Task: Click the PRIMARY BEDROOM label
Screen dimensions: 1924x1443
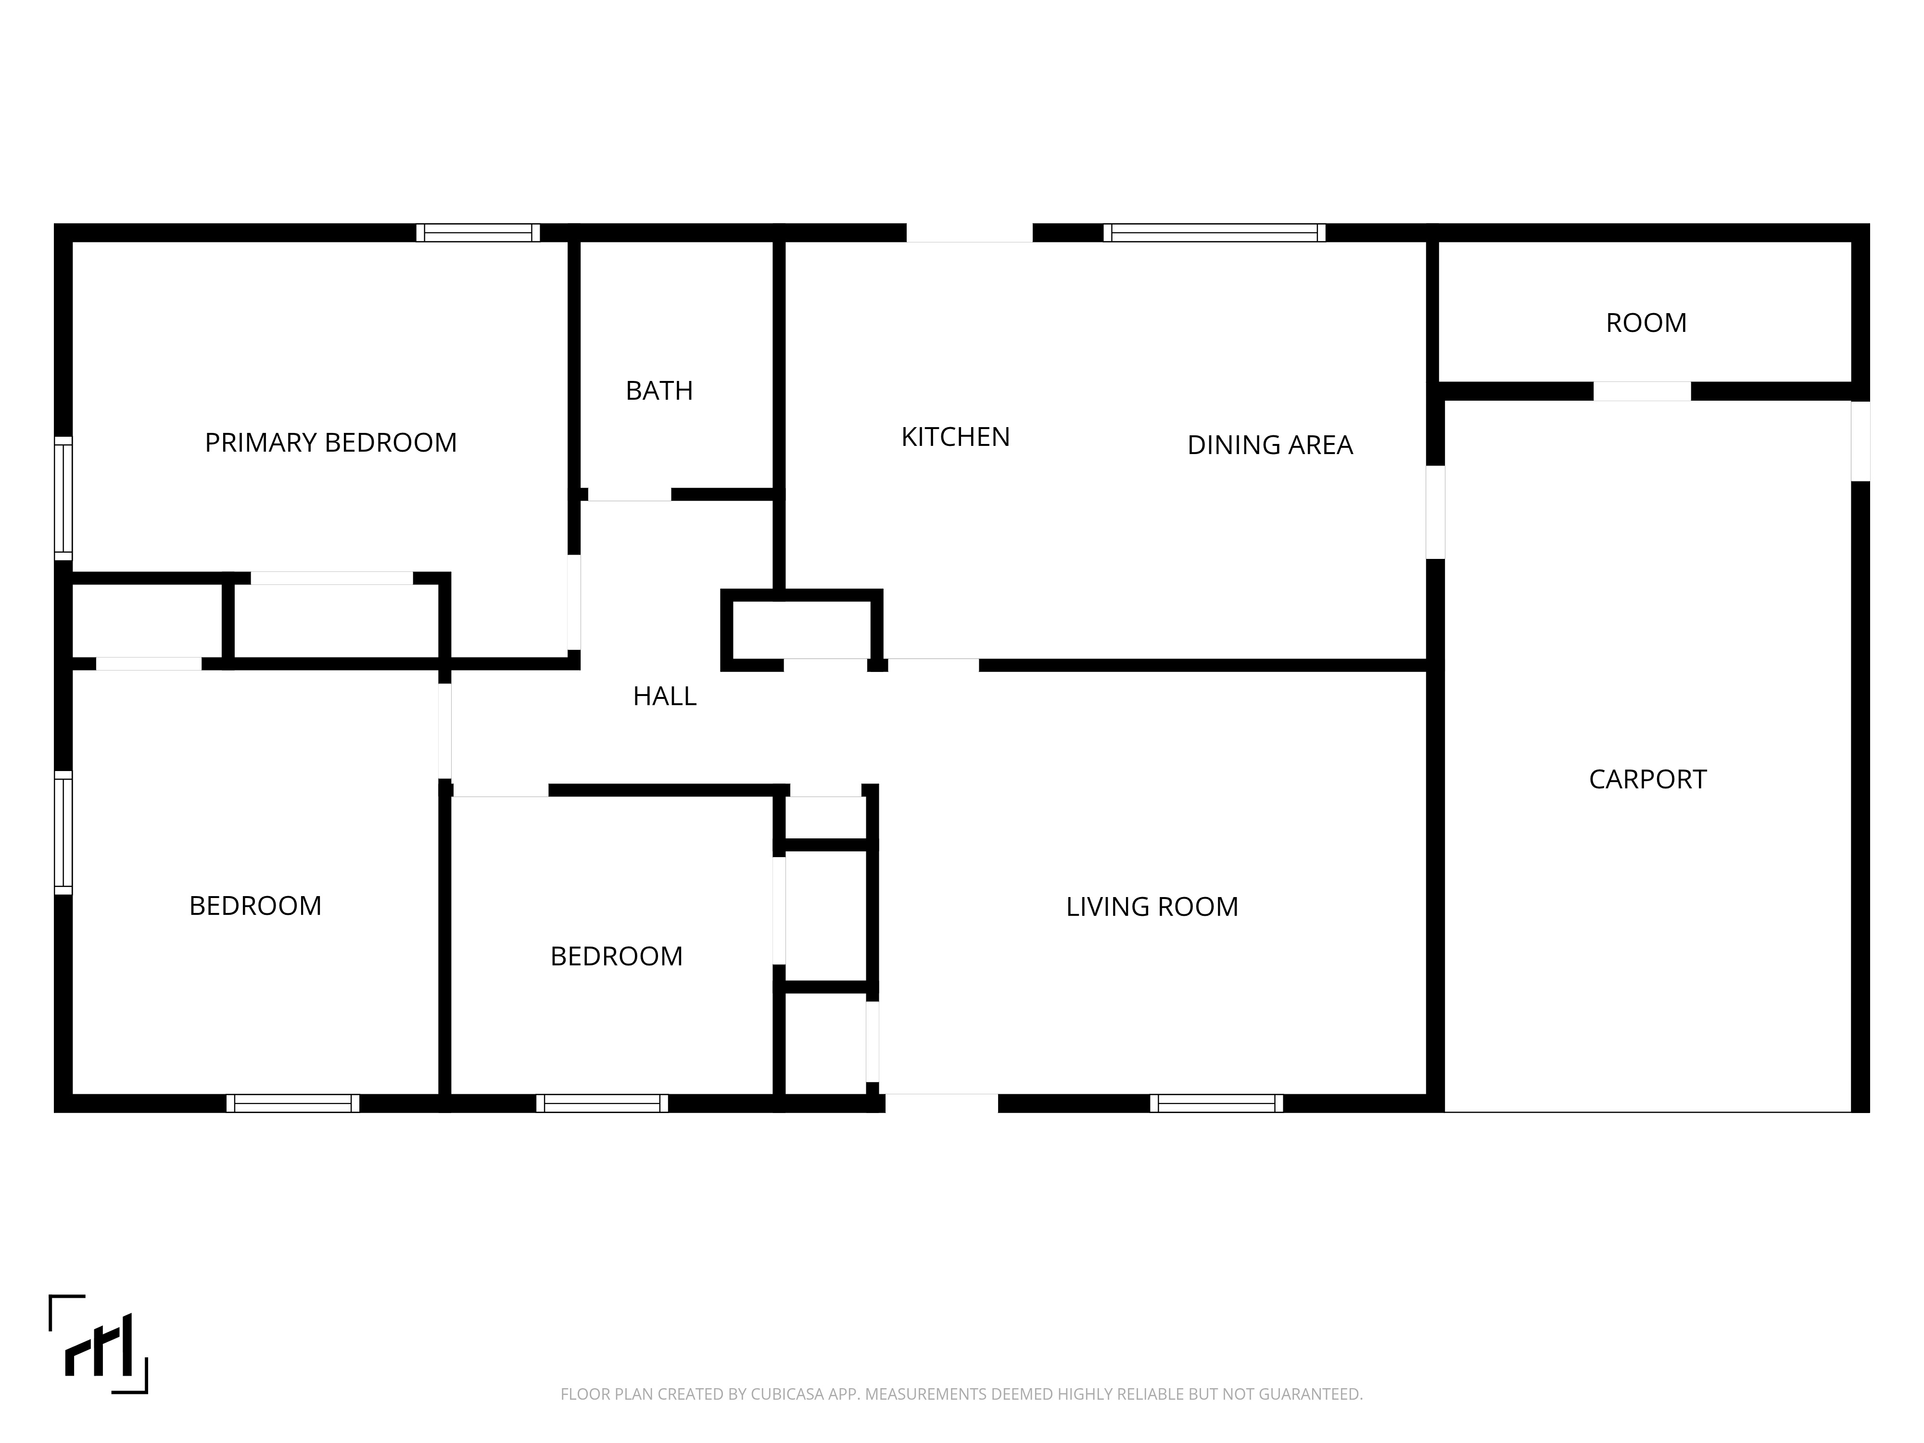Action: point(330,443)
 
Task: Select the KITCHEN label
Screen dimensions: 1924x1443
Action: point(955,437)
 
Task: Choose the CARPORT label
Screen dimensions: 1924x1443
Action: point(1647,779)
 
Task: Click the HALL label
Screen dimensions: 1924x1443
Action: point(665,696)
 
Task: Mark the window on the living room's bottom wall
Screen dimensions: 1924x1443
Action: point(1216,1103)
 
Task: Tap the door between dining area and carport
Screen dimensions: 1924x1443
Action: point(1435,512)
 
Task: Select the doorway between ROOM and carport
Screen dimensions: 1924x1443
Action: point(1642,392)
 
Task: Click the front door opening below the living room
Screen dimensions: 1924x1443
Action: point(941,1103)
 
